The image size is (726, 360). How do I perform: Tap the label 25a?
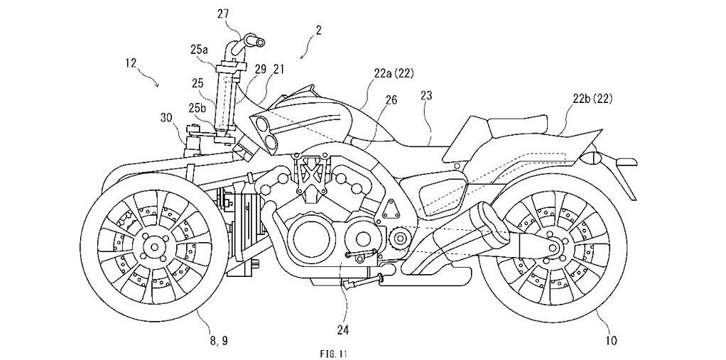coord(200,49)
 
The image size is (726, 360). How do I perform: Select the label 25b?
coord(198,107)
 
